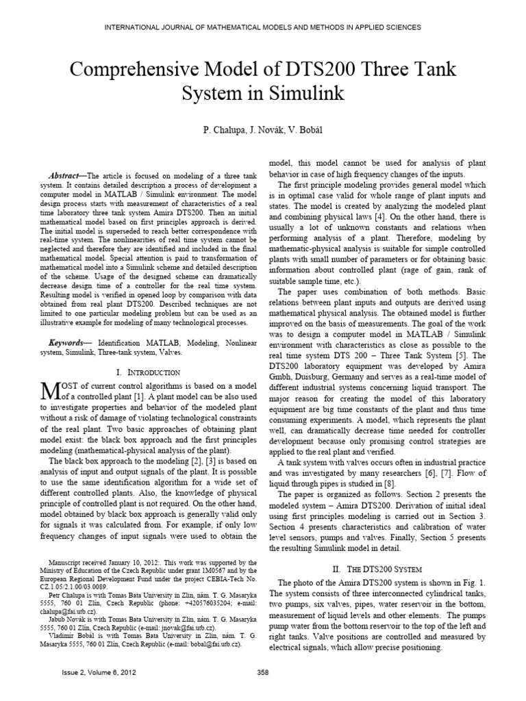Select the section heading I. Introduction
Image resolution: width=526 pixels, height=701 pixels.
[x=148, y=372]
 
